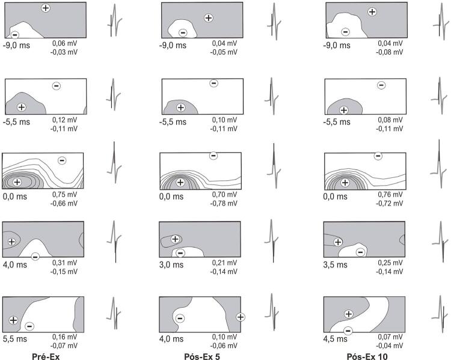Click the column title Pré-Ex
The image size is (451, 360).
pyautogui.click(x=46, y=356)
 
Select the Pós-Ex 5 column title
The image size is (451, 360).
pyautogui.click(x=202, y=356)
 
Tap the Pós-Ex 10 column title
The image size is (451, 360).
pyautogui.click(x=367, y=356)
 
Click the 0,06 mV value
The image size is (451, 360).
pyautogui.click(x=65, y=43)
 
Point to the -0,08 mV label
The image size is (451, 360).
pyautogui.click(x=390, y=52)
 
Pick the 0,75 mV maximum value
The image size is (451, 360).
pyautogui.click(x=65, y=194)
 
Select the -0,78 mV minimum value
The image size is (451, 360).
pyautogui.click(x=224, y=203)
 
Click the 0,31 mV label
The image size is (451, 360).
pyautogui.click(x=65, y=263)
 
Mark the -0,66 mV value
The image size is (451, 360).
pyautogui.click(x=64, y=203)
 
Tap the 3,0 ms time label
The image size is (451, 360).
pyautogui.click(x=171, y=264)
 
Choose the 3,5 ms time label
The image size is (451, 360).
pyautogui.click(x=336, y=264)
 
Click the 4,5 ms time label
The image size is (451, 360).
pyautogui.click(x=336, y=339)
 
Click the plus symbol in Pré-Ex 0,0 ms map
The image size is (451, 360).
pyautogui.click(x=17, y=182)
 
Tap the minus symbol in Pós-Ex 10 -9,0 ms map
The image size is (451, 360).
pyautogui.click(x=345, y=32)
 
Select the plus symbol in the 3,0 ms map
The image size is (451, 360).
pyautogui.click(x=175, y=239)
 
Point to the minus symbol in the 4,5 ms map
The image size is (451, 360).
pyautogui.click(x=348, y=331)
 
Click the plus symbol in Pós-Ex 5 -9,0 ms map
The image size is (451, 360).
pyautogui.click(x=209, y=18)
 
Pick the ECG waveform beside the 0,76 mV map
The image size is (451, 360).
pyautogui.click(x=440, y=164)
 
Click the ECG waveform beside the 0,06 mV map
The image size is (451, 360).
pyautogui.click(x=114, y=20)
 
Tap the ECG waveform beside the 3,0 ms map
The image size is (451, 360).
pyautogui.click(x=272, y=241)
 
